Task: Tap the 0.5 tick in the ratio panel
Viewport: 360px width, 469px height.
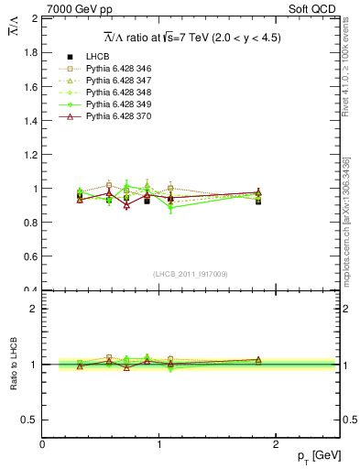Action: [x=31, y=420]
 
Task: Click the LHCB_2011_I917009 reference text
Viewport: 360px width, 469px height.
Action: [x=191, y=274]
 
